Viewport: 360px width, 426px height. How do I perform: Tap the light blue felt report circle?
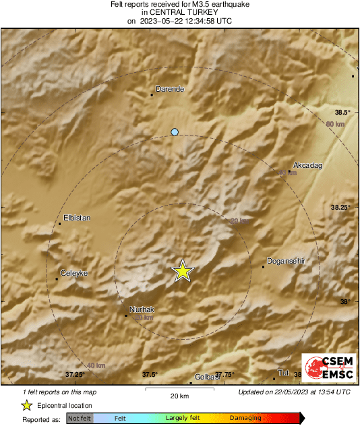click(175, 132)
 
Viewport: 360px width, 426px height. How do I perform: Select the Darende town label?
click(170, 88)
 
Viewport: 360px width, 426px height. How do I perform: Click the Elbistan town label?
click(76, 218)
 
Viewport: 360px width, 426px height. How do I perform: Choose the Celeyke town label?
click(74, 273)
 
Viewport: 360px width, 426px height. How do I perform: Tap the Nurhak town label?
click(142, 309)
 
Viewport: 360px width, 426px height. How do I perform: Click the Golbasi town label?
click(208, 377)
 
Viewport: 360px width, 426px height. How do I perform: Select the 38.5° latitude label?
click(343, 112)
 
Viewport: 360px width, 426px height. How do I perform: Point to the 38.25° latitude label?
click(340, 207)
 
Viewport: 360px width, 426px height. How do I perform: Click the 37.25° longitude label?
click(74, 374)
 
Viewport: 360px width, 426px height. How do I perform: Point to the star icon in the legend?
click(27, 405)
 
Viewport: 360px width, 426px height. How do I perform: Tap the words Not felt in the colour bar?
click(80, 419)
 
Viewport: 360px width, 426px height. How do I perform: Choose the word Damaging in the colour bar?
click(245, 419)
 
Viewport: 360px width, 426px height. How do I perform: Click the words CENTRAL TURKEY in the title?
click(179, 12)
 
